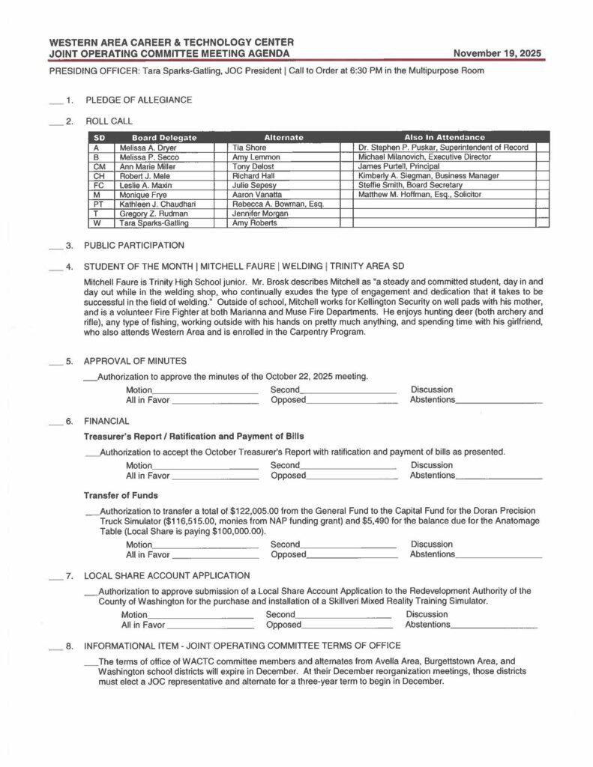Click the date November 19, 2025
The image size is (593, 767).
point(499,53)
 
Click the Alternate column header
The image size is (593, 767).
point(283,138)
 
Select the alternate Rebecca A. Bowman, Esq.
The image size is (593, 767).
point(277,204)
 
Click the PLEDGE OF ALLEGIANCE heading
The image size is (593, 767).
point(139,100)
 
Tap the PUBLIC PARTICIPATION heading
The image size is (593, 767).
point(134,245)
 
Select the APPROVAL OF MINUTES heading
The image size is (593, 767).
point(135,361)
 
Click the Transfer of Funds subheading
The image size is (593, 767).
point(121,495)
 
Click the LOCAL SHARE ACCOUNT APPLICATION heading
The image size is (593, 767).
point(167,575)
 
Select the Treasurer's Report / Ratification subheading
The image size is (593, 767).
point(193,436)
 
